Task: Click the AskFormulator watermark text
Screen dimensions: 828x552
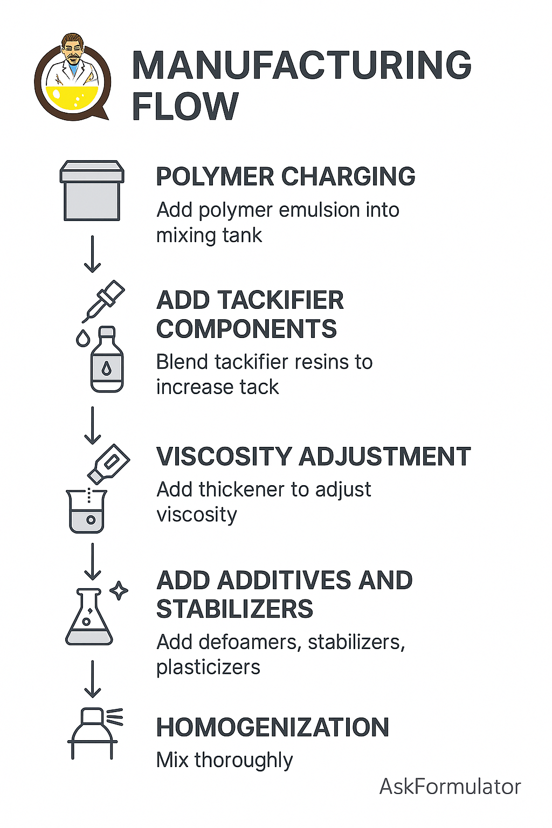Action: click(450, 786)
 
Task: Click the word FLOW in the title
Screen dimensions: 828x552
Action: click(185, 106)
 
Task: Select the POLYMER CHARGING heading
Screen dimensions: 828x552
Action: click(285, 176)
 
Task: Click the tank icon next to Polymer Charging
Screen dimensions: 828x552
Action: click(92, 191)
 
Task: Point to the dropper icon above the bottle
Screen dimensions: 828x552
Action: click(103, 301)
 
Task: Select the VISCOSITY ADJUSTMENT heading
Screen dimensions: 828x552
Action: click(313, 457)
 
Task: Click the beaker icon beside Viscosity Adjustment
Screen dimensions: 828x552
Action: click(87, 510)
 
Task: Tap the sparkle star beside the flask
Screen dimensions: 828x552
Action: click(119, 591)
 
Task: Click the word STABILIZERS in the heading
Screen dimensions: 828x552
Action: click(234, 609)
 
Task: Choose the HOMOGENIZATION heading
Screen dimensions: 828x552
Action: click(272, 727)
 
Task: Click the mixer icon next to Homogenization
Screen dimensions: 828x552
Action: click(93, 733)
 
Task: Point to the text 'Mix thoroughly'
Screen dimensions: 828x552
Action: click(224, 760)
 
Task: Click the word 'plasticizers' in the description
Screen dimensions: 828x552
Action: click(208, 667)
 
